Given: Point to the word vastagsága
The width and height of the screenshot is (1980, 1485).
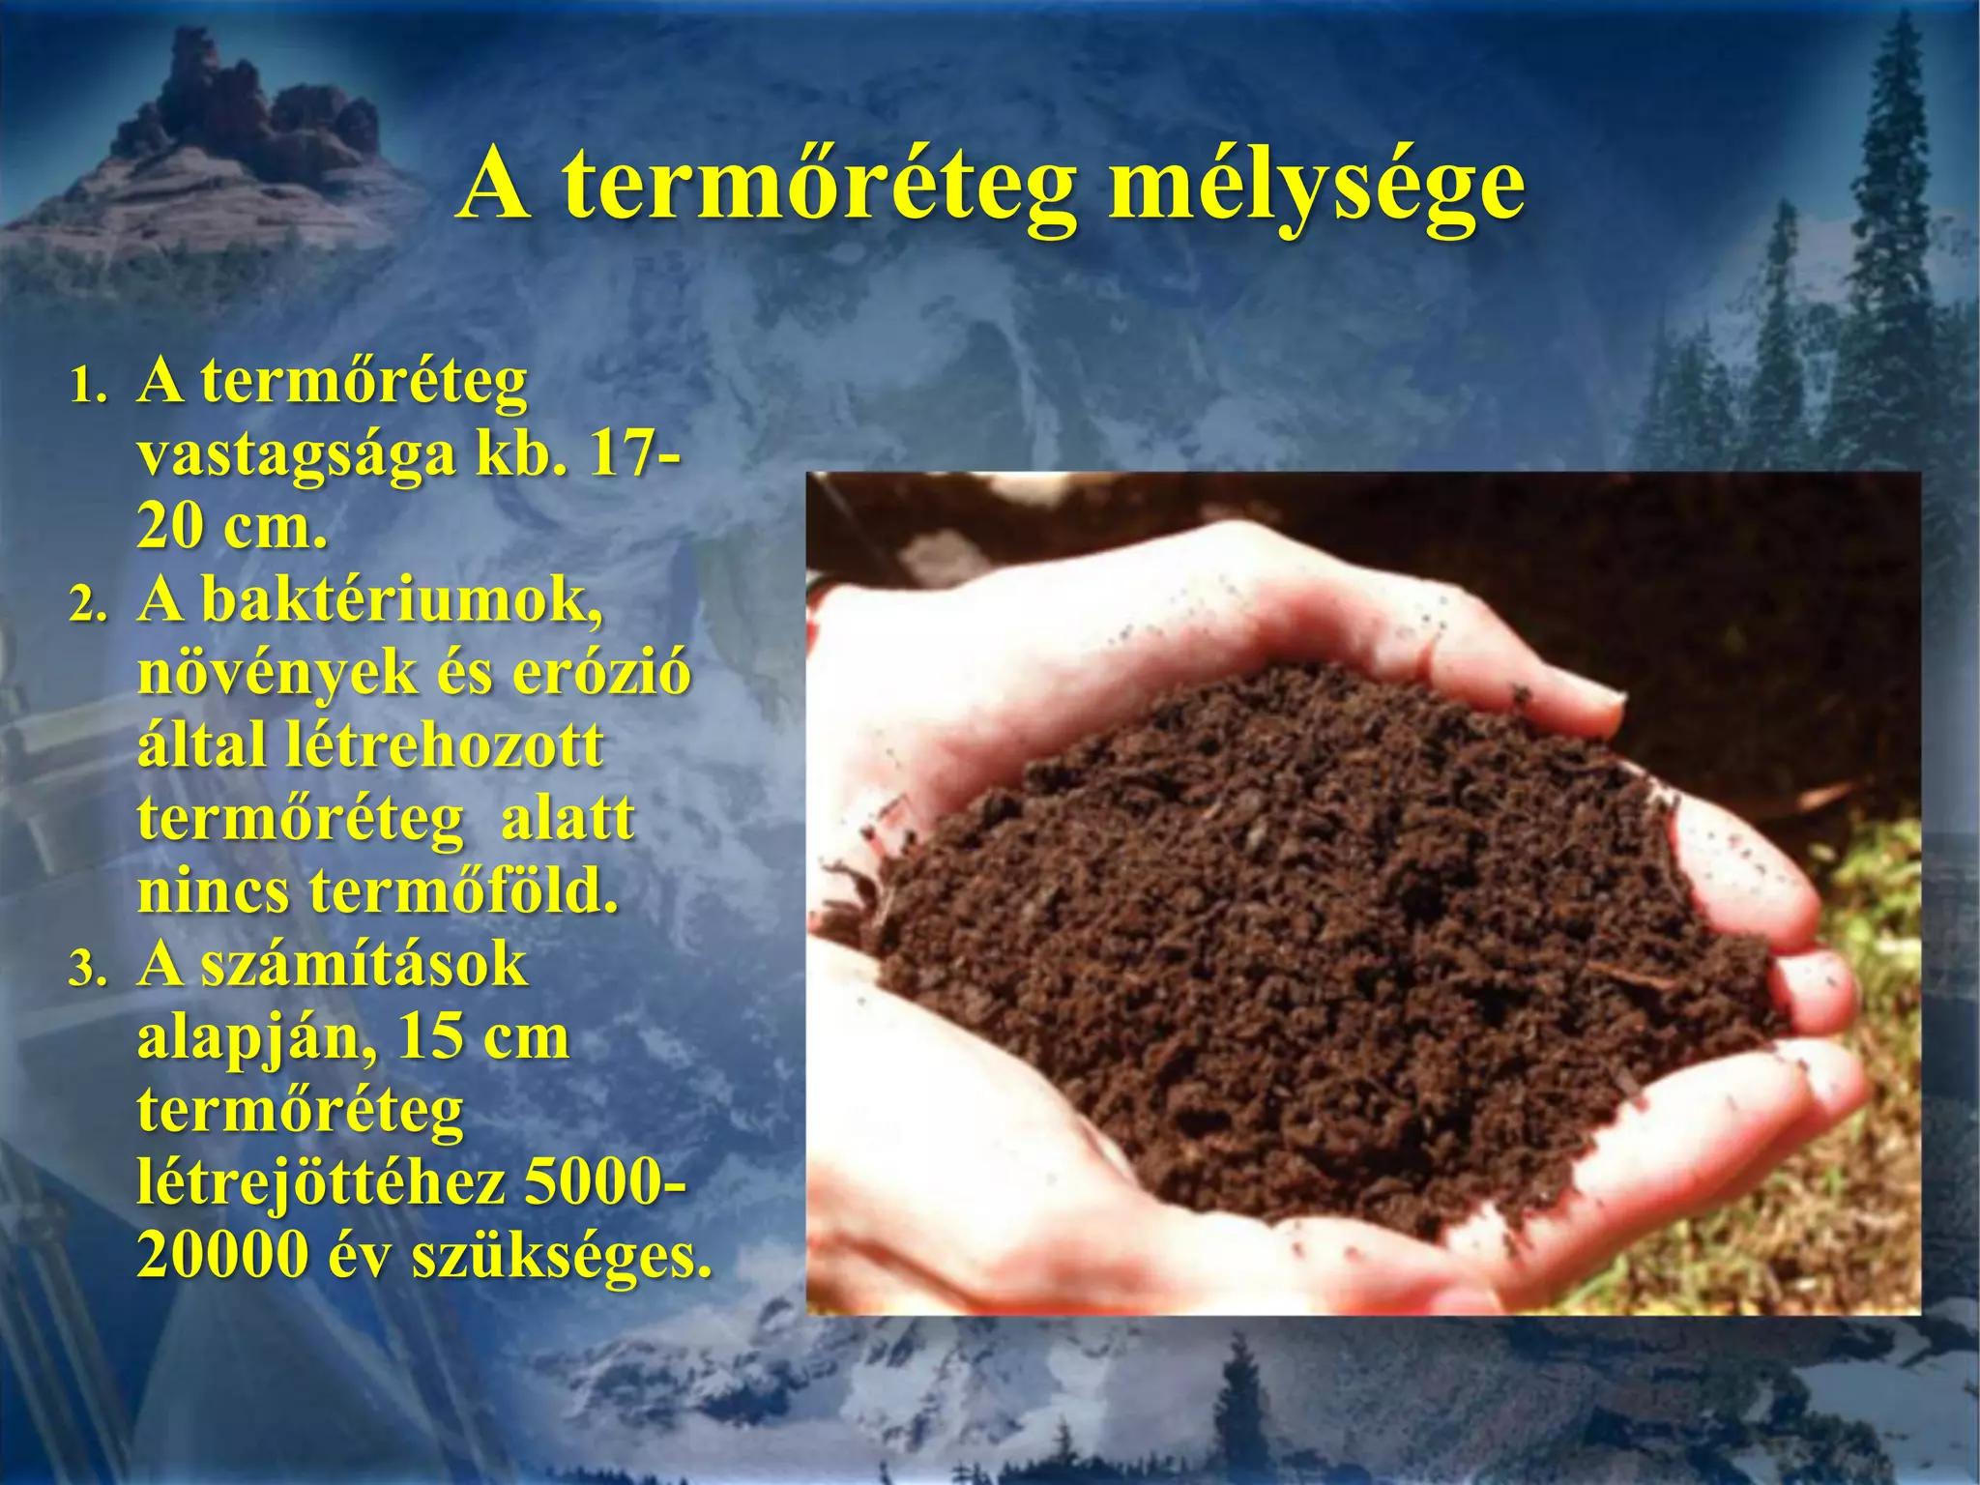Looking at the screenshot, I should click(296, 456).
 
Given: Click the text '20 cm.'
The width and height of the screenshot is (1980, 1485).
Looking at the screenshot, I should click(232, 528).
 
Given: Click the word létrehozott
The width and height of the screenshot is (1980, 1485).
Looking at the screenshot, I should click(444, 745).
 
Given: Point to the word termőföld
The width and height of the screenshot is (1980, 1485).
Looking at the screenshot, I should click(463, 890).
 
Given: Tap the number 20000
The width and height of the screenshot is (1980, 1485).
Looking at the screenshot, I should click(223, 1255).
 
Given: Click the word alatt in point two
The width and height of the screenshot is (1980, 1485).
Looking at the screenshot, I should click(568, 818).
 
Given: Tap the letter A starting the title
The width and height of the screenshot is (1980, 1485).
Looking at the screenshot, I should click(495, 186).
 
